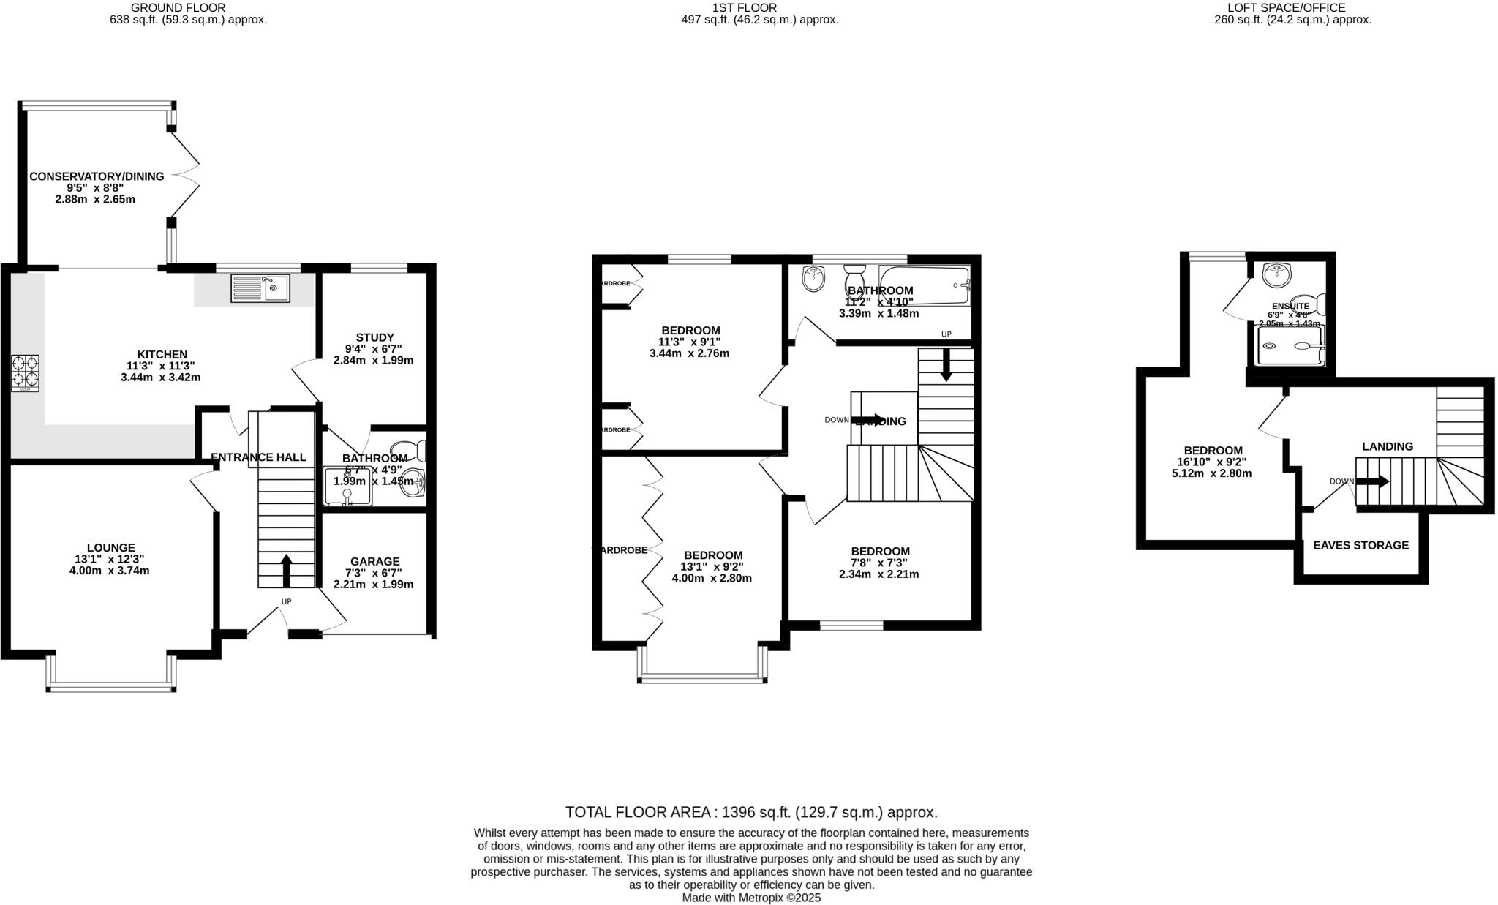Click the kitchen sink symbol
[260, 288]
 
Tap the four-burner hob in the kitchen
[25, 373]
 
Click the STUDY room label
[374, 337]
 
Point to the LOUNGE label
[110, 547]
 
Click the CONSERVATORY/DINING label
[97, 176]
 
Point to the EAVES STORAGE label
[1360, 545]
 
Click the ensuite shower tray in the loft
[1290, 346]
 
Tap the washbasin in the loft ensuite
[1277, 274]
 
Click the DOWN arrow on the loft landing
[1372, 481]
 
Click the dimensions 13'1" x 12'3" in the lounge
[110, 559]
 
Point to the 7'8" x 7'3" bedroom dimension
[879, 563]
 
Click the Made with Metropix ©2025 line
[751, 898]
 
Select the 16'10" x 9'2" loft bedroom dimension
[1211, 462]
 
